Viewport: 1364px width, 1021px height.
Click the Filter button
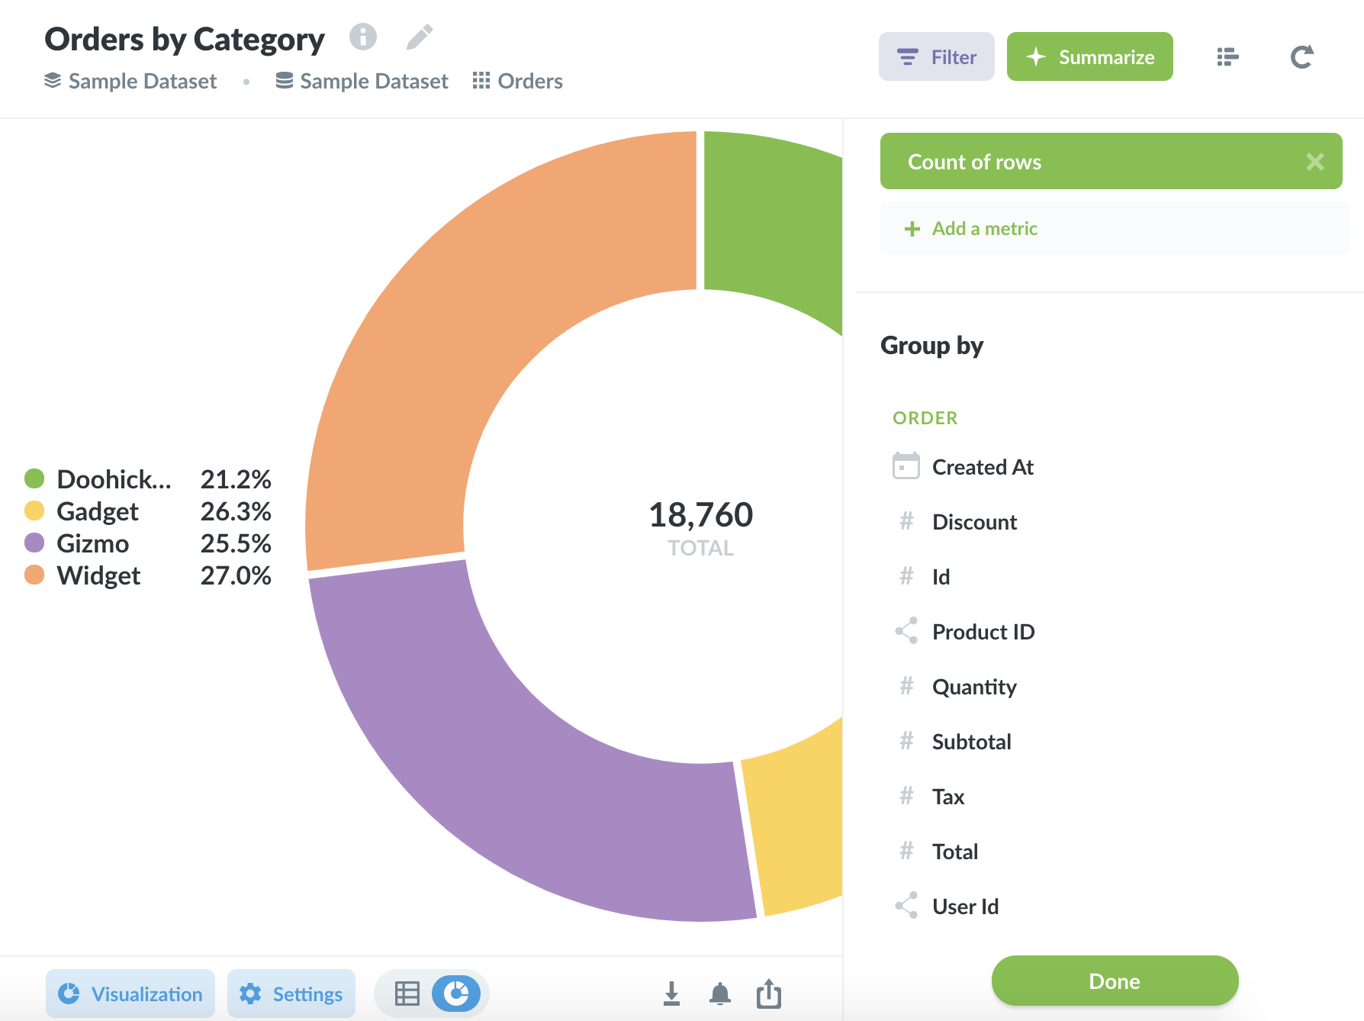[936, 57]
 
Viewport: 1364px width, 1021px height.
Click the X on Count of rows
[1314, 162]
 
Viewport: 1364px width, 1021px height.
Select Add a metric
[984, 229]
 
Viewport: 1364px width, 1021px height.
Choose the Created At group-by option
[982, 467]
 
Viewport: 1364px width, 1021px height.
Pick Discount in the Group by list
[974, 522]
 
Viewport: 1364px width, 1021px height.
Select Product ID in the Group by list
[983, 632]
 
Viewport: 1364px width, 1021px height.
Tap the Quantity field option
[974, 687]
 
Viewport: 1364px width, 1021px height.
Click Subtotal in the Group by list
[971, 742]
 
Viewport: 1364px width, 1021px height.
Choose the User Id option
[965, 907]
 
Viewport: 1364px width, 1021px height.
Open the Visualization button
[130, 994]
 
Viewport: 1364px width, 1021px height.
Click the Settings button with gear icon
[291, 994]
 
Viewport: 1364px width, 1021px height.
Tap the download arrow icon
[671, 994]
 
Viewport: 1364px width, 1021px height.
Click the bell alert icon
[719, 994]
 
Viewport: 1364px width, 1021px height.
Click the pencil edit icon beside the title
[420, 37]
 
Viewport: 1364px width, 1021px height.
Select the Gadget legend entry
[98, 511]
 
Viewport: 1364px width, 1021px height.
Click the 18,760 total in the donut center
[700, 515]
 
